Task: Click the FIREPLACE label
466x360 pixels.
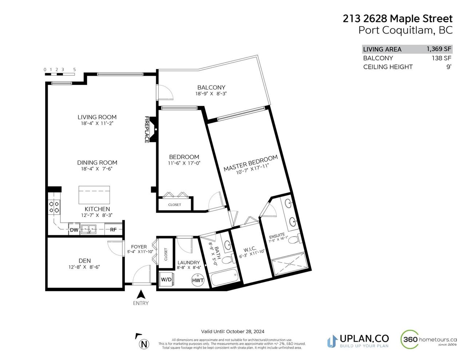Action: coord(147,130)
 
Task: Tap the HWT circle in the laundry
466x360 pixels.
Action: coord(198,280)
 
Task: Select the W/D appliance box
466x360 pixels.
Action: coord(166,280)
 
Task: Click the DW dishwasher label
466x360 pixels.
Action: coord(74,230)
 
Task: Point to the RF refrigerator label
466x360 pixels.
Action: coord(113,230)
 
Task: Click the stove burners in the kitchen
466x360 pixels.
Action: coord(54,207)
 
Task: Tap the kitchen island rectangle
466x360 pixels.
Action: coord(94,195)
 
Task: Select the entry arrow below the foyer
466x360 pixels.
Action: coord(141,294)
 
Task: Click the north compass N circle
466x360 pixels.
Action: coord(144,344)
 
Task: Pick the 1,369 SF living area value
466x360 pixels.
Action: coord(439,49)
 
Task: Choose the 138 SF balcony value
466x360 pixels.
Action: coord(442,58)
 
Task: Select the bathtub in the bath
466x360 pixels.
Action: coord(224,278)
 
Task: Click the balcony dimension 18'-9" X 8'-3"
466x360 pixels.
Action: coord(211,94)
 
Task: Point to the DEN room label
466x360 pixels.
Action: coord(85,261)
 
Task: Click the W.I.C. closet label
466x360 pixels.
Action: coord(250,249)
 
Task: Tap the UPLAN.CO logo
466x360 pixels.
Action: coord(358,344)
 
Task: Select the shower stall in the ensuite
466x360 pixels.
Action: coord(289,264)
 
